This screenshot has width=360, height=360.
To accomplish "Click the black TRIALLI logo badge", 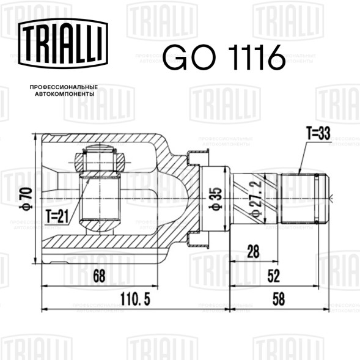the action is (x=63, y=43).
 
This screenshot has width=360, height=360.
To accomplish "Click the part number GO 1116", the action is (x=224, y=57).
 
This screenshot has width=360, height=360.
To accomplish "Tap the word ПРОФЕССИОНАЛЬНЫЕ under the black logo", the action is (x=64, y=87).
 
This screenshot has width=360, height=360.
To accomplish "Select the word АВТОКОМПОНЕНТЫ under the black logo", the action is (x=65, y=94).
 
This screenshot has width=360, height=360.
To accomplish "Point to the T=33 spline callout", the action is (x=318, y=133).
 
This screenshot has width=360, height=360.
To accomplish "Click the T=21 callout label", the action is (x=57, y=216).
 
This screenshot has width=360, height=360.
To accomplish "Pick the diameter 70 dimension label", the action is (x=26, y=199).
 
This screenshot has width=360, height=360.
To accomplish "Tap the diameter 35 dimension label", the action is (x=215, y=199).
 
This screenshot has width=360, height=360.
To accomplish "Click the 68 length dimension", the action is (x=99, y=276).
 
